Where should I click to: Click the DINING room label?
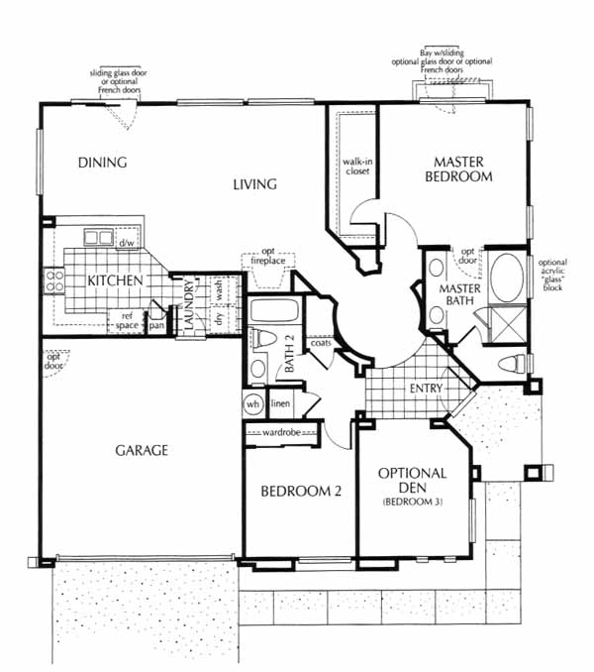pos(103,163)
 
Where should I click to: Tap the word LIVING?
pos(255,184)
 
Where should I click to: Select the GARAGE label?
pos(142,450)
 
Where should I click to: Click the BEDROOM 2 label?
pos(301,492)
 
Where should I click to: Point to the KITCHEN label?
pos(115,281)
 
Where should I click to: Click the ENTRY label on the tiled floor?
pos(426,389)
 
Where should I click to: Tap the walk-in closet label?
pos(357,167)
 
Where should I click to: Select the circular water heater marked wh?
pos(252,404)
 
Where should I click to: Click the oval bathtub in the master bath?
pos(506,279)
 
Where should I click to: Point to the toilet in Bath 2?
pos(262,339)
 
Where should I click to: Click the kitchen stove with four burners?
pos(54,281)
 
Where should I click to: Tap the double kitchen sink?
pos(99,238)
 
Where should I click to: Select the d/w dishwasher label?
pos(127,243)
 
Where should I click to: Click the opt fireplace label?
pos(268,256)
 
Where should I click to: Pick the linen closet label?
pos(281,403)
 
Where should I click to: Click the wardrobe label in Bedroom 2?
pos(281,432)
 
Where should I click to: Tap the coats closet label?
pos(321,343)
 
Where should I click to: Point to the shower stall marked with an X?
pos(508,324)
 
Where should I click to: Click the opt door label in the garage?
pos(53,362)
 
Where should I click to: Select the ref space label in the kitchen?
pos(127,321)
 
